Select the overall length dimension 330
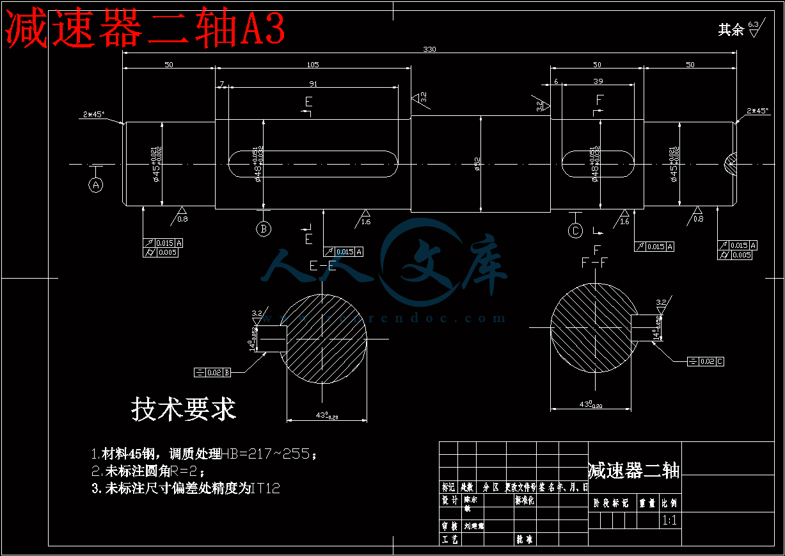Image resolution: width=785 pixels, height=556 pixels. (429, 49)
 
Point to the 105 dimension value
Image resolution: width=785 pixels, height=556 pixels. (312, 65)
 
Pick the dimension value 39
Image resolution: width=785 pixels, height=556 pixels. (598, 81)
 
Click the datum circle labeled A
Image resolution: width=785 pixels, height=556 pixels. (96, 185)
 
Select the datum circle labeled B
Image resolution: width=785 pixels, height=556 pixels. (263, 229)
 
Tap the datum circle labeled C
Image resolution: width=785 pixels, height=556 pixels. (576, 231)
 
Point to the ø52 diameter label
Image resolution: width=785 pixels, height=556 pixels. (477, 164)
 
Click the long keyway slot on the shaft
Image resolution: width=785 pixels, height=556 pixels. (312, 164)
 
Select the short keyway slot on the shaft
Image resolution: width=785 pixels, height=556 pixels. (598, 164)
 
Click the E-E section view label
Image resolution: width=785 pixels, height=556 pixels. (322, 266)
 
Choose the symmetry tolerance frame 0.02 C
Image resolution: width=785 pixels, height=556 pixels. (706, 362)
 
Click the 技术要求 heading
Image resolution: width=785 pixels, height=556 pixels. (184, 409)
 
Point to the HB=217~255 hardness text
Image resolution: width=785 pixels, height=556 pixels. (268, 454)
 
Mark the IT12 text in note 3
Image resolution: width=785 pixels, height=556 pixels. (266, 489)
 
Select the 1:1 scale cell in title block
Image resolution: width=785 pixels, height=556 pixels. (670, 520)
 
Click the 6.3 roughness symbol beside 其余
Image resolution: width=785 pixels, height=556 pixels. (753, 28)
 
